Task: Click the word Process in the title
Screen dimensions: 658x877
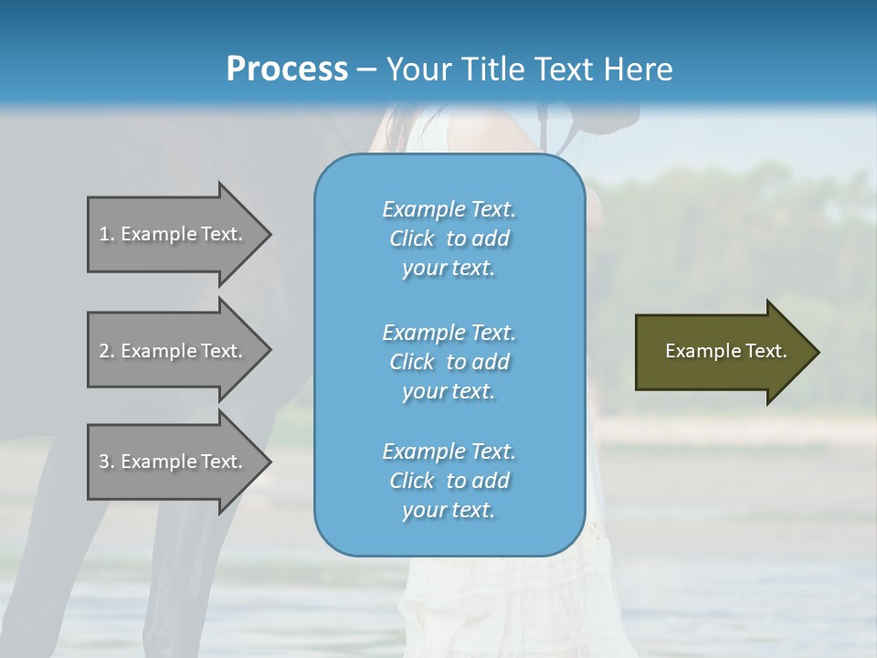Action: [x=287, y=69]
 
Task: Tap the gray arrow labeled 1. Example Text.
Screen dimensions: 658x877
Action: [x=174, y=234]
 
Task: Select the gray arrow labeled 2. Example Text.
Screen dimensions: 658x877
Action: [x=174, y=351]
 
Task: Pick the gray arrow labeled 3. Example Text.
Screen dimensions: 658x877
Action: [x=174, y=462]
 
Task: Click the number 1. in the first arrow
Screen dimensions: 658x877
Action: [x=107, y=234]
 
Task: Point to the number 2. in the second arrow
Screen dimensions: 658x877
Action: [x=107, y=351]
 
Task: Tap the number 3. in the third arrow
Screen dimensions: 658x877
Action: [x=107, y=462]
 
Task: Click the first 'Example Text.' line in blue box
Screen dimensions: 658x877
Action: [x=449, y=209]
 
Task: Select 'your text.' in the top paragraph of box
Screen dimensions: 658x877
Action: [x=449, y=269]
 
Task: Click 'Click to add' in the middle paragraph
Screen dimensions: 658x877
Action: [x=449, y=362]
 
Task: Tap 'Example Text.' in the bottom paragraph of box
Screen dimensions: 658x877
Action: [x=449, y=451]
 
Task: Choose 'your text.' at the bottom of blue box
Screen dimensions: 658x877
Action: [x=449, y=511]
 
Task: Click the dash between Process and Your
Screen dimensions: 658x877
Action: [x=367, y=69]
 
